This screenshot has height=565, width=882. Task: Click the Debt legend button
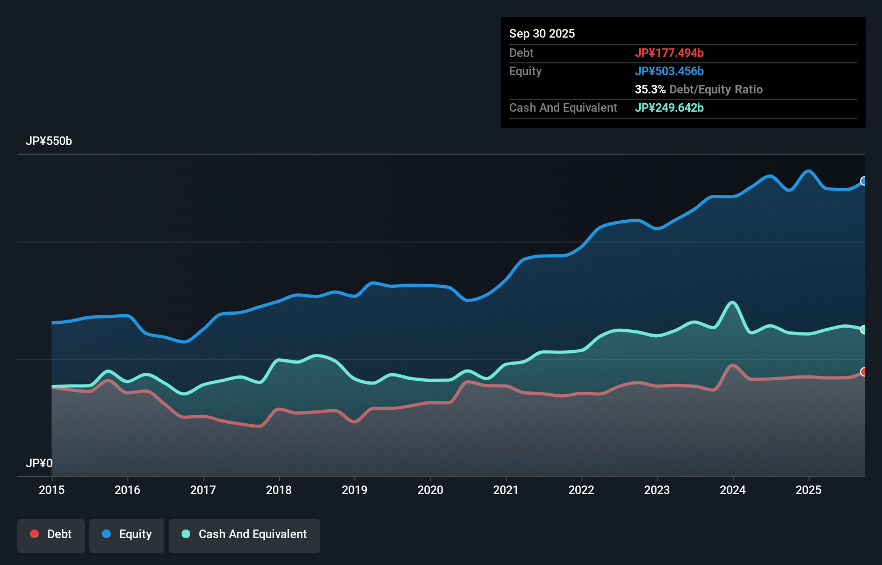(x=51, y=535)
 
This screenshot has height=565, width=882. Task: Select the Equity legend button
(x=127, y=535)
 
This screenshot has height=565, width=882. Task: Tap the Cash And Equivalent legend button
(x=244, y=535)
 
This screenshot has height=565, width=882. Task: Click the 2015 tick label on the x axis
(x=52, y=490)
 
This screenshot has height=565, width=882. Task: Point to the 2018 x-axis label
(x=279, y=490)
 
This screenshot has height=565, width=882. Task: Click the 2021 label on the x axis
(x=506, y=490)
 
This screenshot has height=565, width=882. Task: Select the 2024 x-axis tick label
(x=733, y=490)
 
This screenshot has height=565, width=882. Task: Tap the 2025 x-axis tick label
(x=808, y=490)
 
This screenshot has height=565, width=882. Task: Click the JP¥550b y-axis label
(x=49, y=141)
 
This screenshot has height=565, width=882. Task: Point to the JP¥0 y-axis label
(x=39, y=463)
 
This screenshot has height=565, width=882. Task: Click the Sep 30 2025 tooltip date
(x=542, y=33)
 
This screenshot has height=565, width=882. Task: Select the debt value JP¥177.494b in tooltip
(x=669, y=53)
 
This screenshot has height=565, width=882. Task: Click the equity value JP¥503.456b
(x=669, y=71)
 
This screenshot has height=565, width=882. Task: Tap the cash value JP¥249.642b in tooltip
(x=669, y=107)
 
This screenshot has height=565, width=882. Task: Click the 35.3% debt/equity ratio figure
(x=650, y=89)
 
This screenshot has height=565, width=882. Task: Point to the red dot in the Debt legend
(x=34, y=534)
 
